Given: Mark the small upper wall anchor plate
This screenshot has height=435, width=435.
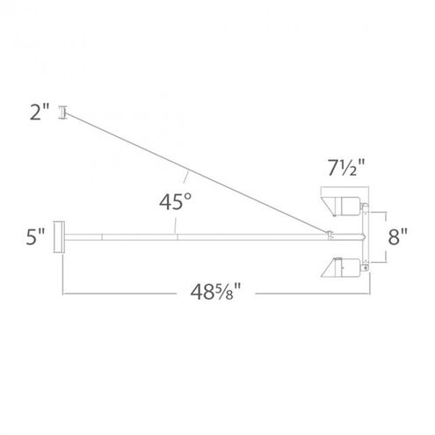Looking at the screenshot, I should (62, 112).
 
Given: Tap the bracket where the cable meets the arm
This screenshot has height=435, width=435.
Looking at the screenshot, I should (329, 233).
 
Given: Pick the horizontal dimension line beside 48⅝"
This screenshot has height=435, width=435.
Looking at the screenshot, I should (132, 294).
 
